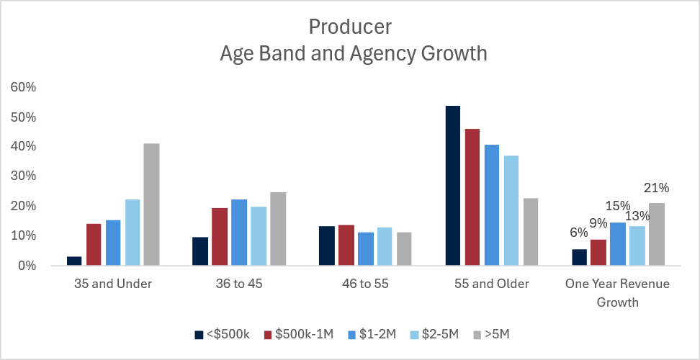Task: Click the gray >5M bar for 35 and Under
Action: tap(151, 204)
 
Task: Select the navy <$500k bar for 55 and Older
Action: tap(453, 186)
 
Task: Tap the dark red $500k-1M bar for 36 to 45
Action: tap(220, 237)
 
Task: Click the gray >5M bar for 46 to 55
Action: tap(404, 248)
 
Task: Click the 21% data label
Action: tap(656, 189)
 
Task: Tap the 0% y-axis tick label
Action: tap(27, 266)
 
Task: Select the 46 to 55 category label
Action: tap(366, 284)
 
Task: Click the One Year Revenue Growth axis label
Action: tap(617, 292)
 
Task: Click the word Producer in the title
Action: tap(350, 27)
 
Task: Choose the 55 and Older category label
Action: tap(492, 284)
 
